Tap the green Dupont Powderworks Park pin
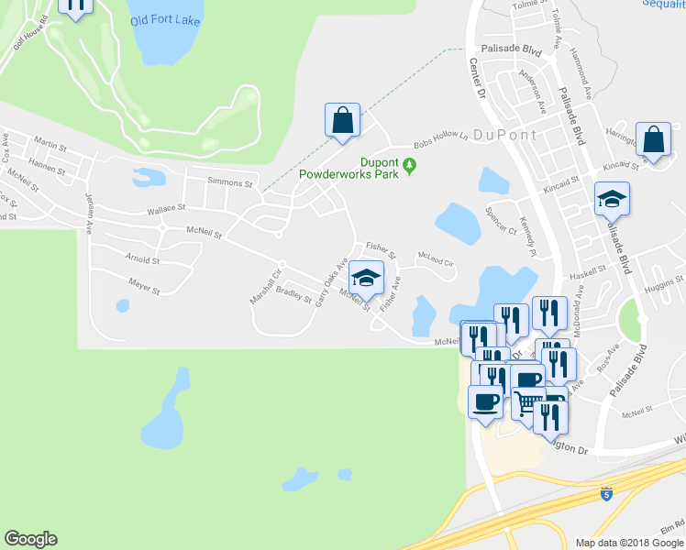tap(410, 166)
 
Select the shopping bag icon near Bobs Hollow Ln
tap(342, 120)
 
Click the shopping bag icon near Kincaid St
tap(655, 139)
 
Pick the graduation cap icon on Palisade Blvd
tap(612, 198)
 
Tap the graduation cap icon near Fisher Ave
tap(366, 278)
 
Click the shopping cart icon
tap(527, 401)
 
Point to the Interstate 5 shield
tap(606, 495)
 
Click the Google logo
tap(30, 539)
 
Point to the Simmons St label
tap(229, 183)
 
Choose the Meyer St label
tap(144, 287)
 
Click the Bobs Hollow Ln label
tap(441, 140)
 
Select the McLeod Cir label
tap(436, 258)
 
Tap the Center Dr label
tap(475, 78)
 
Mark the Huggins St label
tap(664, 288)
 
